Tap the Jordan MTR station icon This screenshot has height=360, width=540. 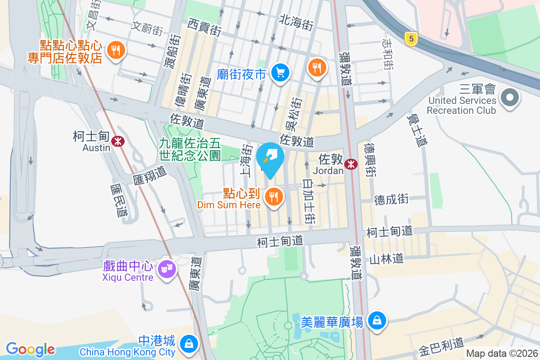(351, 165)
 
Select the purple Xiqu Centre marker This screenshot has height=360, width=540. (167, 270)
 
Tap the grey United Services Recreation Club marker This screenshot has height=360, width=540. (510, 98)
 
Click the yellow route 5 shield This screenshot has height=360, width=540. (410, 39)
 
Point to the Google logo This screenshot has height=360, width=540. (30, 349)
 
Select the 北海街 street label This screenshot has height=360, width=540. (296, 22)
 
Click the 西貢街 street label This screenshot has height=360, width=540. (205, 27)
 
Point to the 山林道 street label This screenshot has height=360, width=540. (386, 258)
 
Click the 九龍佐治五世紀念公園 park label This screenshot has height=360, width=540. (189, 150)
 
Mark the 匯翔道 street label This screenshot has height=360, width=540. (150, 174)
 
